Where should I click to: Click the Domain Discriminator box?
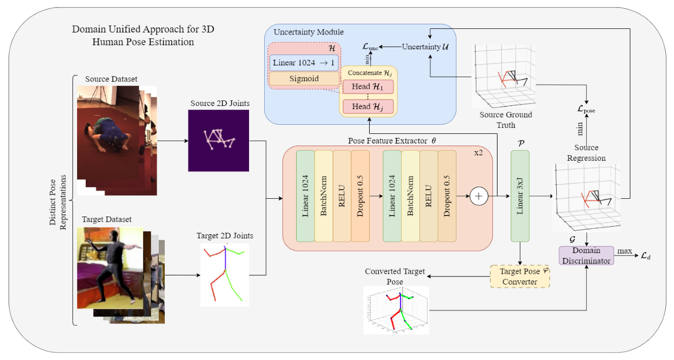tap(586, 256)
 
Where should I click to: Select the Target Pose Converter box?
tap(520, 276)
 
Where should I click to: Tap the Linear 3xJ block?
tap(520, 196)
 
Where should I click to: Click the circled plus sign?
tap(479, 196)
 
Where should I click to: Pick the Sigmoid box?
tap(304, 79)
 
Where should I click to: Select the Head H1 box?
tap(368, 86)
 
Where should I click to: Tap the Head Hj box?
tap(368, 106)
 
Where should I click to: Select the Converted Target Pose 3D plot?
tap(396, 310)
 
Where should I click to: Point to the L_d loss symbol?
tap(645, 256)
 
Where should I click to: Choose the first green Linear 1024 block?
tap(305, 196)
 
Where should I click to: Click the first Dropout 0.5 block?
tap(360, 196)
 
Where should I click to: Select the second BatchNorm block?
tap(410, 196)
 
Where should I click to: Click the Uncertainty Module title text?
tap(308, 32)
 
